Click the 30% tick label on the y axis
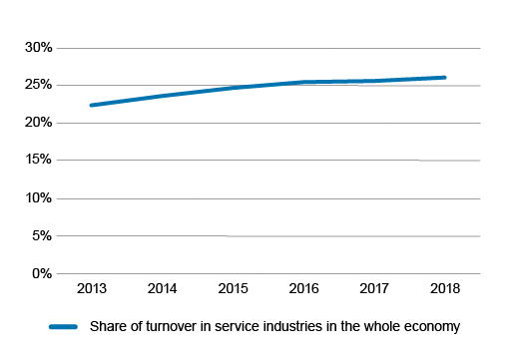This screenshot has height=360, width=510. pyautogui.click(x=38, y=48)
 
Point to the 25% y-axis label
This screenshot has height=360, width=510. pyautogui.click(x=38, y=85)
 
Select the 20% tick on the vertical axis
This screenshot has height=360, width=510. pyautogui.click(x=38, y=123)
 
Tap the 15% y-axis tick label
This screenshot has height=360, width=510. pyautogui.click(x=38, y=161)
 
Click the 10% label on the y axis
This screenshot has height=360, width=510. pyautogui.click(x=38, y=198)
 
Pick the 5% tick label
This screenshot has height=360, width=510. pyautogui.click(x=41, y=236)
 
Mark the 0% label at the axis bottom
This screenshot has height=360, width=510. pyautogui.click(x=41, y=273)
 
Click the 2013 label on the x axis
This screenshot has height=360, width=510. pyautogui.click(x=91, y=290)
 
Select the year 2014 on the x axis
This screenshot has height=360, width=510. pyautogui.click(x=162, y=290)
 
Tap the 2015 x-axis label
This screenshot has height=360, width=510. pyautogui.click(x=232, y=290)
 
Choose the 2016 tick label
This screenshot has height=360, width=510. pyautogui.click(x=302, y=290)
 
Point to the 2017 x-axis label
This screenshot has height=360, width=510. pyautogui.click(x=373, y=290)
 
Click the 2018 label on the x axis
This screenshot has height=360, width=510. pyautogui.click(x=444, y=290)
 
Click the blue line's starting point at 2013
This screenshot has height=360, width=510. pyautogui.click(x=91, y=105)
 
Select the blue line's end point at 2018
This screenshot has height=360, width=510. pyautogui.click(x=444, y=77)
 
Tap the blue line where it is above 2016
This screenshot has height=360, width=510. pyautogui.click(x=302, y=82)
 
